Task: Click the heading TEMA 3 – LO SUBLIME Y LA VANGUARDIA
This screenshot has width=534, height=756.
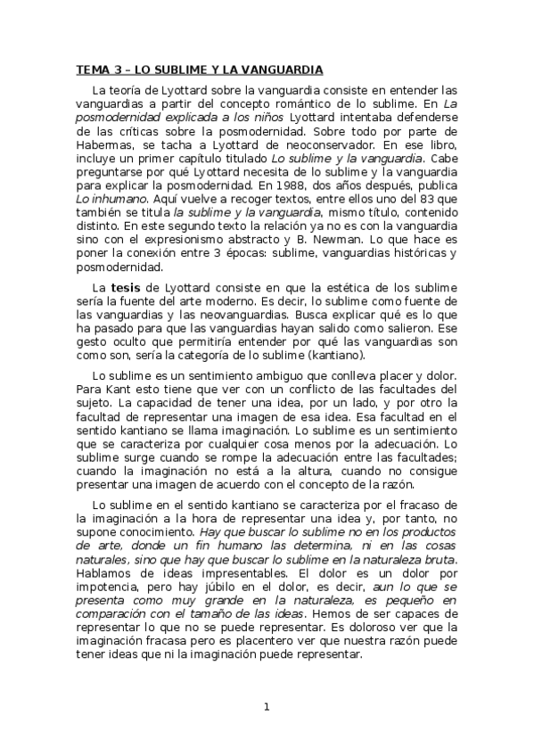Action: click(x=199, y=70)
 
